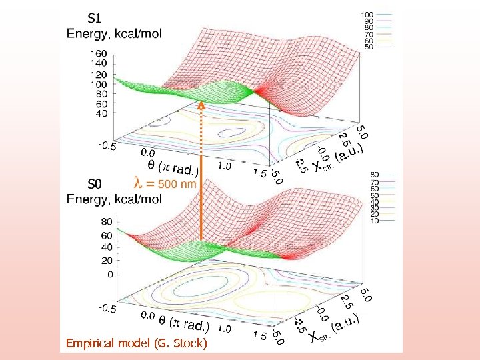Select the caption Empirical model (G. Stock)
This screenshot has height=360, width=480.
point(137,343)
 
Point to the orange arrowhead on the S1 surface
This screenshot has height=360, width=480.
point(199,105)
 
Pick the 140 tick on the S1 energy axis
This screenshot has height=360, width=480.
point(97,65)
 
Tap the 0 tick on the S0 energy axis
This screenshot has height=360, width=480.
point(109,273)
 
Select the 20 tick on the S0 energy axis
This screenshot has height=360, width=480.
point(107,261)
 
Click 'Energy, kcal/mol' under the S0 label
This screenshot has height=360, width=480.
point(113,198)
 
